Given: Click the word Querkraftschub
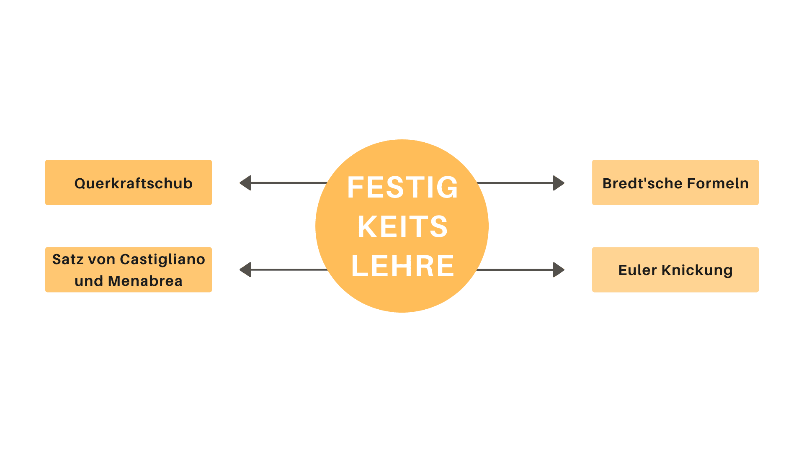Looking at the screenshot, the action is coord(133,183).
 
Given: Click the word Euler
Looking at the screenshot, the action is coord(637,270).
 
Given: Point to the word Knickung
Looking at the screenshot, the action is coord(697,270).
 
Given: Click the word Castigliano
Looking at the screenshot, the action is coord(162,259).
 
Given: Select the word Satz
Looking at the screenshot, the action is coord(65,259).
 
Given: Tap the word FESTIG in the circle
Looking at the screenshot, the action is coord(402,187).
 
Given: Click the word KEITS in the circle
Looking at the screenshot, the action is coord(402,226).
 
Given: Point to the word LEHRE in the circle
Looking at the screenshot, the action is coord(402,266).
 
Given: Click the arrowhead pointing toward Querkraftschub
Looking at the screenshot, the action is coord(246,183).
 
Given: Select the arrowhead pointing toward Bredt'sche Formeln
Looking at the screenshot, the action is coord(558,183).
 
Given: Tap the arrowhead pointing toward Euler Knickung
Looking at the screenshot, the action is coord(558,270).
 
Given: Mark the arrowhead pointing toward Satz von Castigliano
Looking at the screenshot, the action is coord(246,270).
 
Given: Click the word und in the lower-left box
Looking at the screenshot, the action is coord(89,281).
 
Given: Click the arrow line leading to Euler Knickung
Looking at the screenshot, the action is coord(515,270).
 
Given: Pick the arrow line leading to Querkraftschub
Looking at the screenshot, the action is coord(289,183).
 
